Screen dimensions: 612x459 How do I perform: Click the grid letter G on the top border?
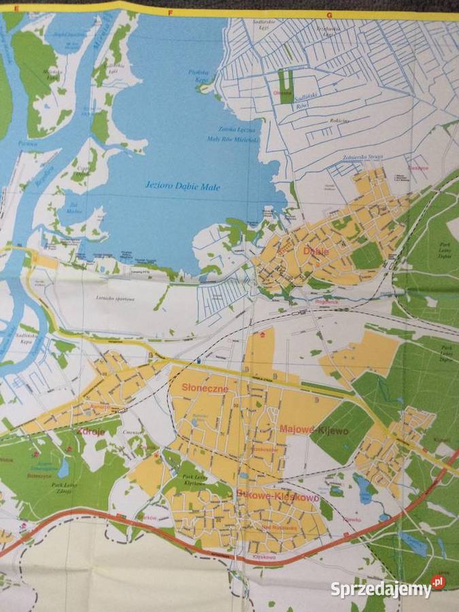tap(328, 14)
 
